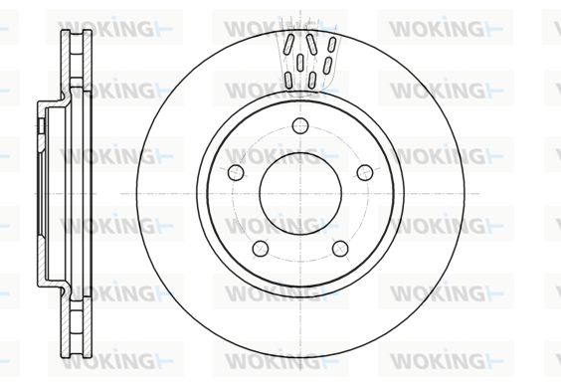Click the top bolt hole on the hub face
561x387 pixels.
pos(300,125)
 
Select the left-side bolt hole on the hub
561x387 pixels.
pos(236,172)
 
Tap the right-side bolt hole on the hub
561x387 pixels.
pos(365,172)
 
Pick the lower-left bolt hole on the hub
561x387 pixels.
pos(261,248)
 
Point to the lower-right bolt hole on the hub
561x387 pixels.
pos(340,248)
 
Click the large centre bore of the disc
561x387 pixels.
pos(300,194)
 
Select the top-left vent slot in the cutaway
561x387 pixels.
pos(288,44)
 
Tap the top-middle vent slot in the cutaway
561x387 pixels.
pos(311,44)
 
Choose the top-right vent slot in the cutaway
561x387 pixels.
pos(331,45)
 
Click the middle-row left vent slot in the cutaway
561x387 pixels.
pos(300,63)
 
